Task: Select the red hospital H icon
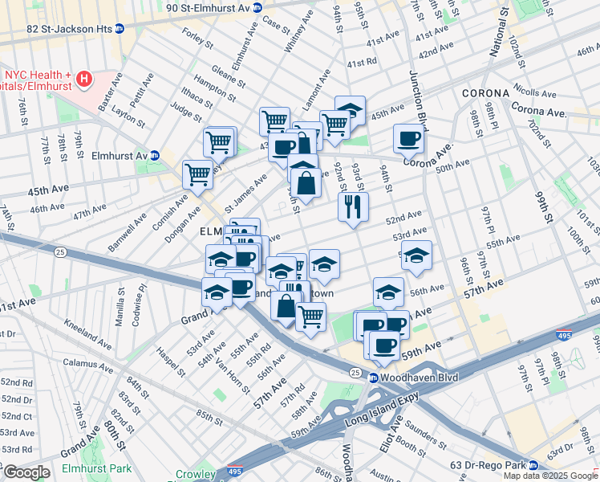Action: pos(84,80)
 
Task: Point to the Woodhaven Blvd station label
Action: pos(408,378)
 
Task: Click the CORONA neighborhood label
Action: pos(487,94)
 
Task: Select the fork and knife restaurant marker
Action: pos(353,207)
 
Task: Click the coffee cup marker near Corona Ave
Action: pos(408,138)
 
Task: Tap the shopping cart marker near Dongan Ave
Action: pos(197,174)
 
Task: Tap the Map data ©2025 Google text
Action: pos(549,476)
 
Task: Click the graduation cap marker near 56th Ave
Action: pos(388,292)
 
